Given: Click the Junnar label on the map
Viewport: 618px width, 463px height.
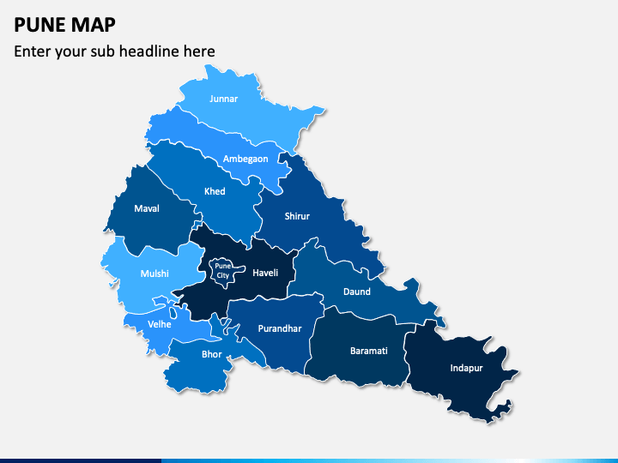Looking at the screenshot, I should pos(223,99).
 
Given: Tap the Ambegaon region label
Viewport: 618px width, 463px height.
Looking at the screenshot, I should pos(245,159).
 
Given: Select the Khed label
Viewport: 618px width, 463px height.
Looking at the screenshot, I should pos(215,191).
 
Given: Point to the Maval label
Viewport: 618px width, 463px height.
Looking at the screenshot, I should pos(147,207).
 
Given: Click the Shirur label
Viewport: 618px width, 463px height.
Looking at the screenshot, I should pos(297,216).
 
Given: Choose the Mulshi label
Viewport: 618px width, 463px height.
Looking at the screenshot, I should pos(154,274).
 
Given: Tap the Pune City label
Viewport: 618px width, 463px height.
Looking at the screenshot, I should pos(222,271).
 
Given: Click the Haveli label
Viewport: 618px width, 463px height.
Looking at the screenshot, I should pos(265,273).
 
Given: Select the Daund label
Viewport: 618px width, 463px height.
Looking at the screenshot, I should pos(357,292).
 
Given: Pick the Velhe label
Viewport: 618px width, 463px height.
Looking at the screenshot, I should pos(160,324).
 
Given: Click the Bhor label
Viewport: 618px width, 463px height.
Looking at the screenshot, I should pos(211,354).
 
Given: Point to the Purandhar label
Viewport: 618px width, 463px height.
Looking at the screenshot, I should pos(281,328).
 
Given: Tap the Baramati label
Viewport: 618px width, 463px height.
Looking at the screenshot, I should pos(369,351).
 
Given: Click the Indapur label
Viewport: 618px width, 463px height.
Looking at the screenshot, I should pos(466,368).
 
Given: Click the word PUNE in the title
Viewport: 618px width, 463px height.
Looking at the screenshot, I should pos(41,23).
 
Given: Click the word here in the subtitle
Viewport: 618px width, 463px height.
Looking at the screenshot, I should pos(198,51).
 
